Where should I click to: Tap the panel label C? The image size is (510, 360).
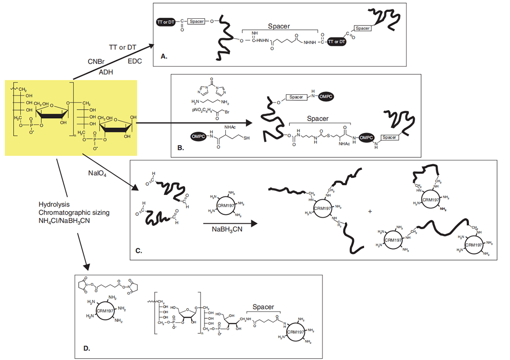(139, 251)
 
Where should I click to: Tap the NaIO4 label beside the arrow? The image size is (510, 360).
(96, 173)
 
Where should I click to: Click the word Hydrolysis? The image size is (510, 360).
(53, 204)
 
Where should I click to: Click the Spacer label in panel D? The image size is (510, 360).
(263, 307)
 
